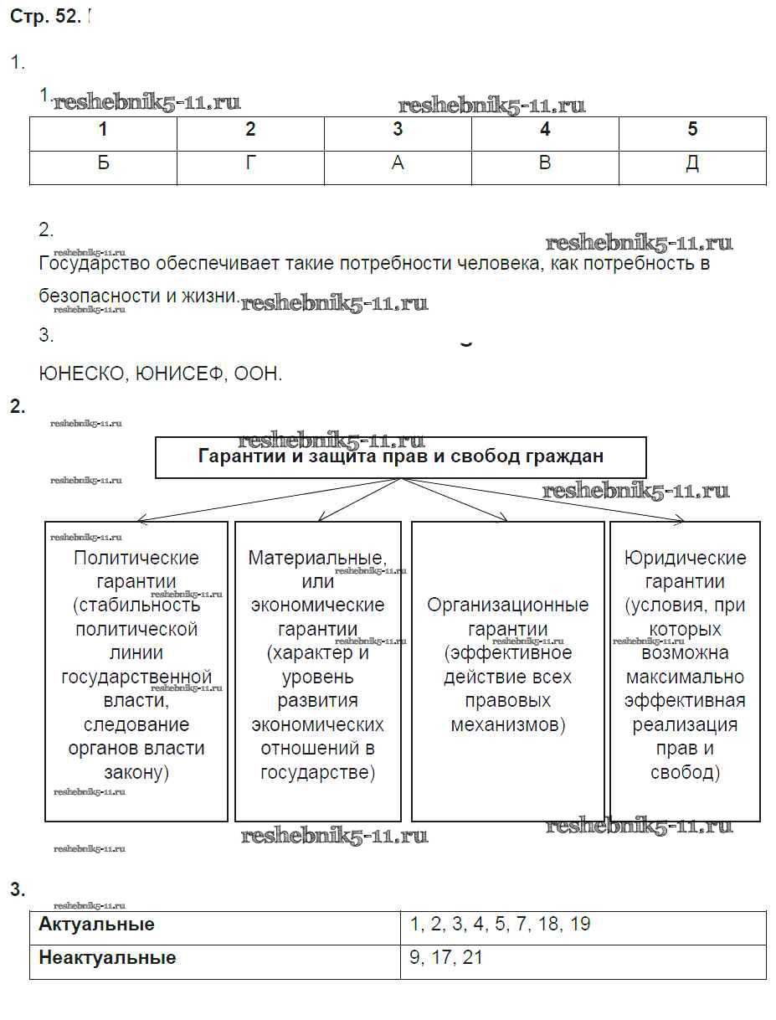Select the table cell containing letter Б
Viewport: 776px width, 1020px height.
(103, 163)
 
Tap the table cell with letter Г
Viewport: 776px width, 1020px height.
(250, 163)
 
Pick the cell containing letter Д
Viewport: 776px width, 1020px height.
(692, 163)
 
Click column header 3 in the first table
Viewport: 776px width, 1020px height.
(398, 130)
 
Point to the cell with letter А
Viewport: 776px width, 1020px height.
(398, 163)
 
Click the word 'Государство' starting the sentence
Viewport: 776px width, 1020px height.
(95, 264)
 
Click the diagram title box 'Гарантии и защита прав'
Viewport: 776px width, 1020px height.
(401, 457)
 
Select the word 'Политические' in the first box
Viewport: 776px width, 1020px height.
(136, 558)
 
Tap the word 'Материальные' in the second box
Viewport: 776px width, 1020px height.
(317, 558)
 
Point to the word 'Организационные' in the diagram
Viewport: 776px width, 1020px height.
(507, 605)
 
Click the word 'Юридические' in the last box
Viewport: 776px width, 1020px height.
(686, 558)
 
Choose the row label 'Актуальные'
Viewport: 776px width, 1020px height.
(97, 925)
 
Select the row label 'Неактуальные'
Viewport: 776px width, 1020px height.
(107, 957)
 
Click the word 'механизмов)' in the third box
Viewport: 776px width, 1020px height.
(507, 724)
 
